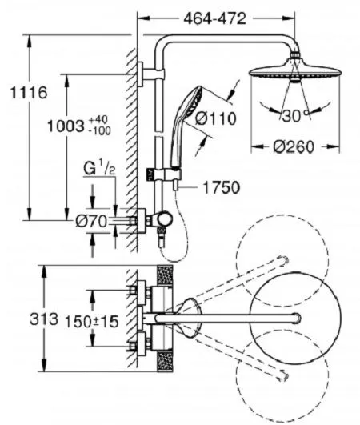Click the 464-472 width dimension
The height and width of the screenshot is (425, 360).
214,18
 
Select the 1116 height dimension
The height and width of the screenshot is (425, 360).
29,93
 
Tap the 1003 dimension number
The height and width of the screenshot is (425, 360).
65,126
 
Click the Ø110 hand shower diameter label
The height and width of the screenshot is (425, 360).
216,118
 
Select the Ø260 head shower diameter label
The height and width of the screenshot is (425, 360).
294,147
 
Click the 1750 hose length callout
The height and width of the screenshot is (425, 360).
221,188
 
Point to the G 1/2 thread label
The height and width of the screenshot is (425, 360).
99,170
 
